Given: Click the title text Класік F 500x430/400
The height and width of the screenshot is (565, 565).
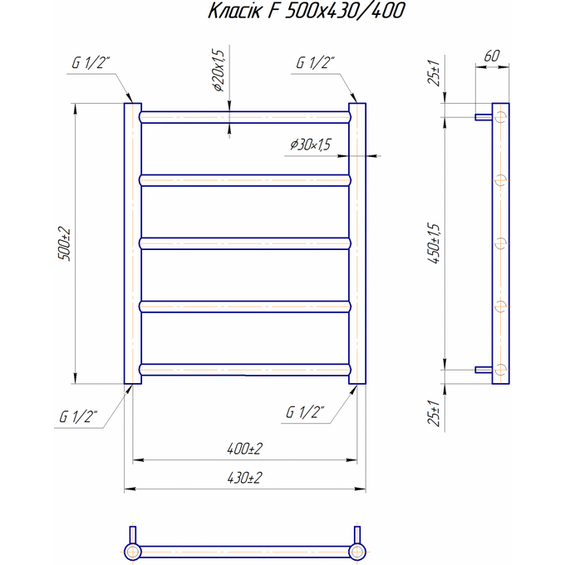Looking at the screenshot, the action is point(307,11).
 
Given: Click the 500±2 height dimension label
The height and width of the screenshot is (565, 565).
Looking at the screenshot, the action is point(65,244).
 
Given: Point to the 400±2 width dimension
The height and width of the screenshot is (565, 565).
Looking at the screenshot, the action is point(244,449).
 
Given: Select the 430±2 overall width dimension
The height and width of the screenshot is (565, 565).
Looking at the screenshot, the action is point(244,478).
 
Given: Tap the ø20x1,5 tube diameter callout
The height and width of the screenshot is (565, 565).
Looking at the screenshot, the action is point(219,70).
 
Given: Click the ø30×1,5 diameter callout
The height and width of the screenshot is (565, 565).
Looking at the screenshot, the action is point(310,145).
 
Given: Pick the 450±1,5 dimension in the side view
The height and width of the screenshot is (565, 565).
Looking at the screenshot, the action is point(435,243).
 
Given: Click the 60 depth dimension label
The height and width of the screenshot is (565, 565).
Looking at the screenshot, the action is point(492,56).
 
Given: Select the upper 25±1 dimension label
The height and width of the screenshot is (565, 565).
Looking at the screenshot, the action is point(435,73).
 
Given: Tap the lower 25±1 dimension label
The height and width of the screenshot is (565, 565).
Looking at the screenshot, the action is point(435,413).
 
